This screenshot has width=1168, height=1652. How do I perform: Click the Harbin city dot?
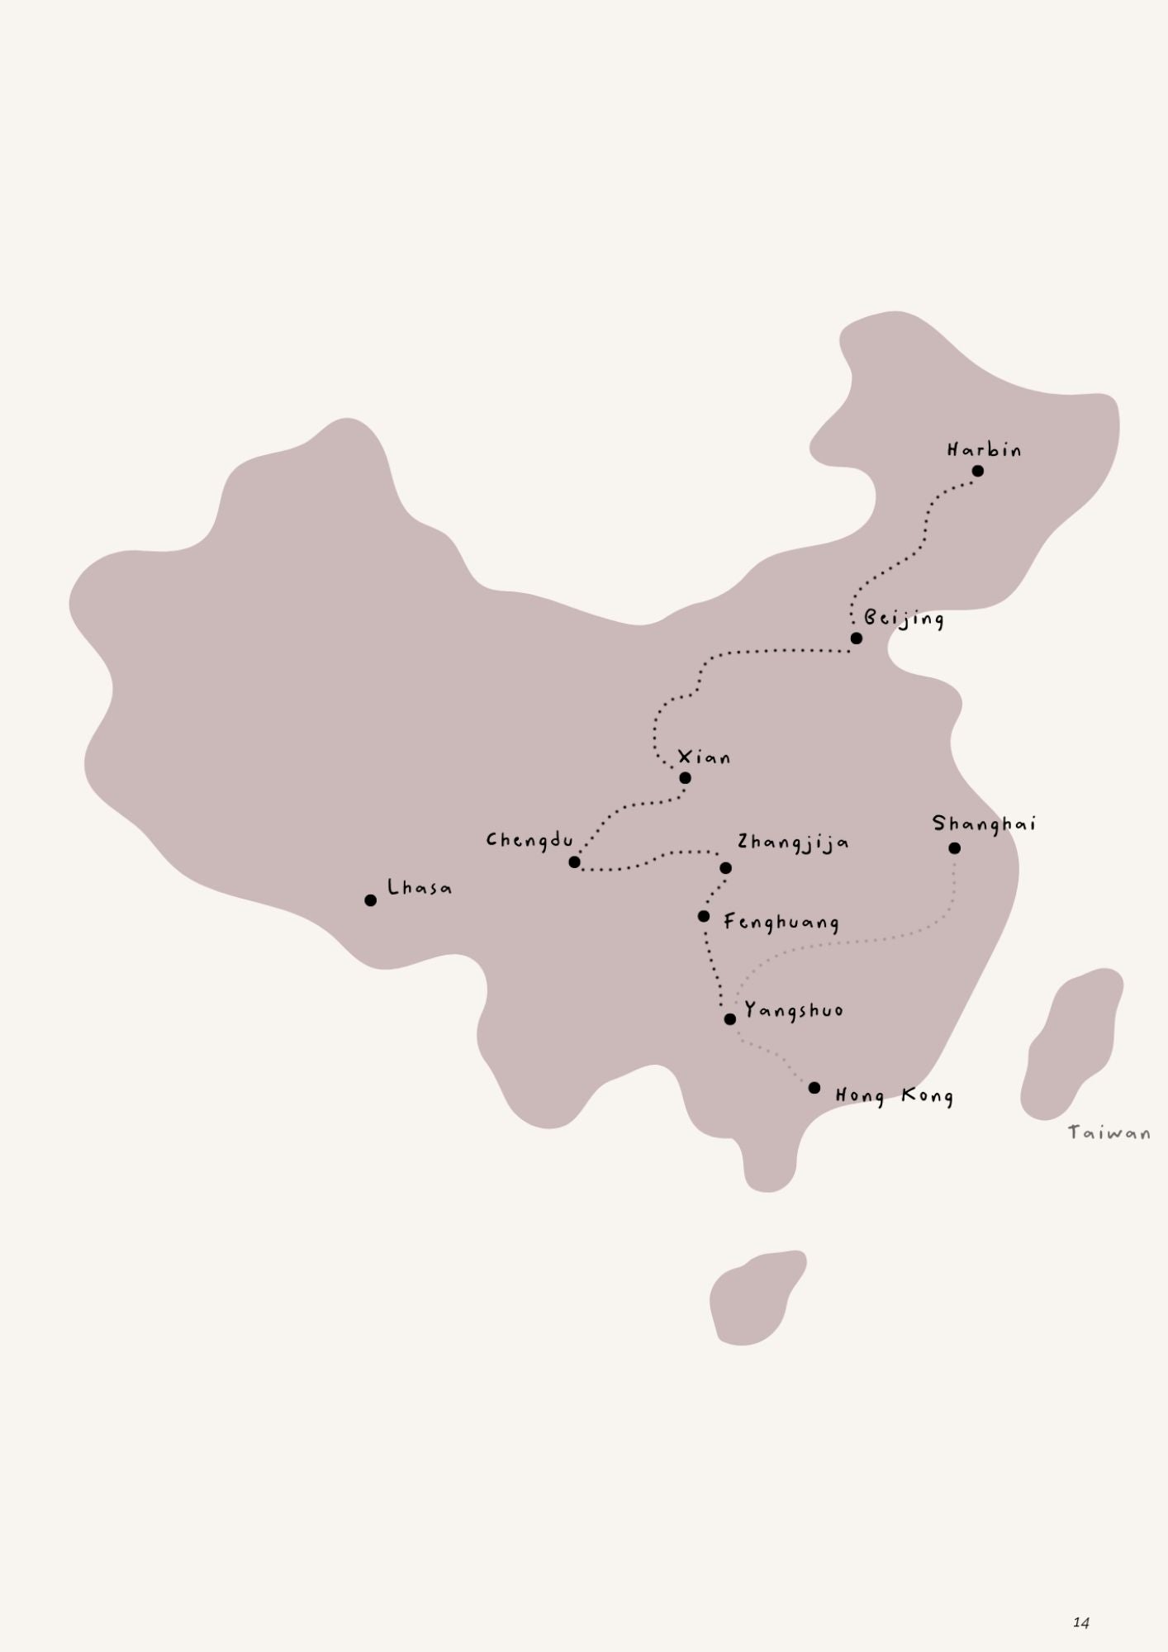[978, 471]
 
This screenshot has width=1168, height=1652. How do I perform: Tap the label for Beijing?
[904, 619]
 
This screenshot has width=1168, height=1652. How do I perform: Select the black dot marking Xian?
[685, 777]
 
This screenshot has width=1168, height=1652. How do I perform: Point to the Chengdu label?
[529, 841]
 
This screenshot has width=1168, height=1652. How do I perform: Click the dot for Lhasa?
[370, 900]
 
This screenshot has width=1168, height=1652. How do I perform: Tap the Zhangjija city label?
[793, 843]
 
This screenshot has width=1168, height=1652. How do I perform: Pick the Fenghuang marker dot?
[703, 916]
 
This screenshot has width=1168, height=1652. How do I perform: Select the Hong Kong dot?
[814, 1088]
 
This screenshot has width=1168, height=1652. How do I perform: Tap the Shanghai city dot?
[954, 848]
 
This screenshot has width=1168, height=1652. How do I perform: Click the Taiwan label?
[1109, 1132]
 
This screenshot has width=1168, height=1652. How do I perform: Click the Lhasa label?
[420, 889]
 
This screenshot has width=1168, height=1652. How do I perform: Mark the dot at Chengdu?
[575, 862]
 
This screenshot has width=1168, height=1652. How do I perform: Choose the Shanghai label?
[984, 824]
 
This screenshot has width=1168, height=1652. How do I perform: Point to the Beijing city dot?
[856, 638]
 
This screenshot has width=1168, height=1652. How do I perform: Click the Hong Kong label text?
[894, 1096]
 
